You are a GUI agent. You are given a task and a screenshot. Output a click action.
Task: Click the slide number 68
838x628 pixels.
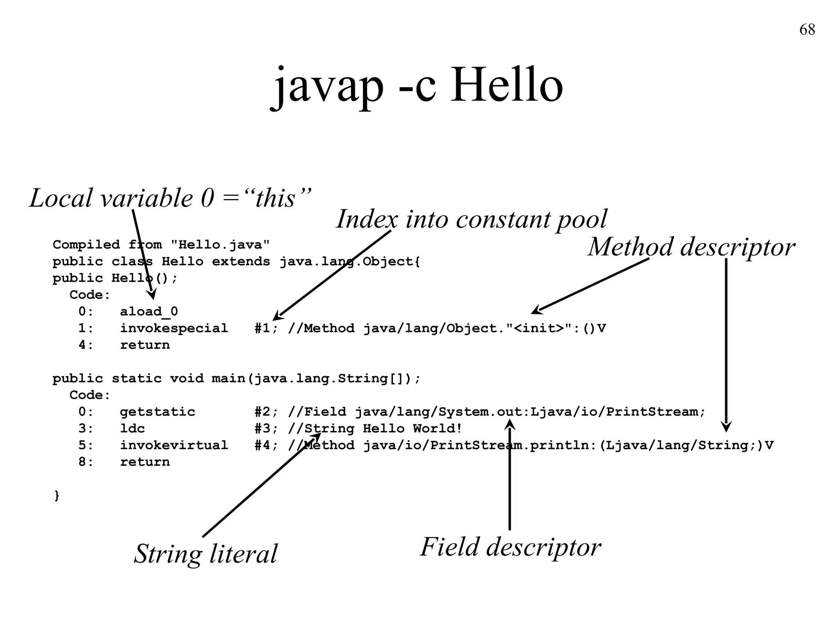tap(807, 30)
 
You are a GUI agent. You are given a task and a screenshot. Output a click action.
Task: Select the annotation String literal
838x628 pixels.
tap(206, 554)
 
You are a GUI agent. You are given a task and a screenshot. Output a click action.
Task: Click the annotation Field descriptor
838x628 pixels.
tap(511, 547)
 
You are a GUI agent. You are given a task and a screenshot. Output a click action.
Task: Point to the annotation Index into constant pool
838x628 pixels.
tap(471, 219)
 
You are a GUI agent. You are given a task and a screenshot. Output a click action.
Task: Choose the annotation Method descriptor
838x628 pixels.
tap(691, 247)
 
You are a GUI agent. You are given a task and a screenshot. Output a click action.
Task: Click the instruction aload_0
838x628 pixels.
tap(149, 312)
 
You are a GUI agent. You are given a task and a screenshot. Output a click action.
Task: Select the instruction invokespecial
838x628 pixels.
tap(174, 328)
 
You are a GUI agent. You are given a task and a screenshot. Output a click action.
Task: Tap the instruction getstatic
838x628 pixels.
tap(158, 412)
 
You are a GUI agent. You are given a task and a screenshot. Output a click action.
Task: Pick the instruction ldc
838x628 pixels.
tap(132, 428)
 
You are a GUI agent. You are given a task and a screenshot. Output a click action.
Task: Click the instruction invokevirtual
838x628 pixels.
tap(174, 445)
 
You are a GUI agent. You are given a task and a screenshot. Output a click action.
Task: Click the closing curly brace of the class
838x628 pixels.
tap(57, 496)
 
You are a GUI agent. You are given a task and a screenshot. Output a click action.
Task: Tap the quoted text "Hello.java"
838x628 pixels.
tap(220, 245)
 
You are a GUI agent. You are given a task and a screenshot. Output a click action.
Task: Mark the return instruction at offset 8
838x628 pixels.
tap(145, 462)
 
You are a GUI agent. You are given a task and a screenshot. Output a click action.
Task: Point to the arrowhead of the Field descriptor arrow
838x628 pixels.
tap(510, 425)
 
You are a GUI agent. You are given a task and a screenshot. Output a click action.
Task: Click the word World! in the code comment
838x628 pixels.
tap(437, 428)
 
